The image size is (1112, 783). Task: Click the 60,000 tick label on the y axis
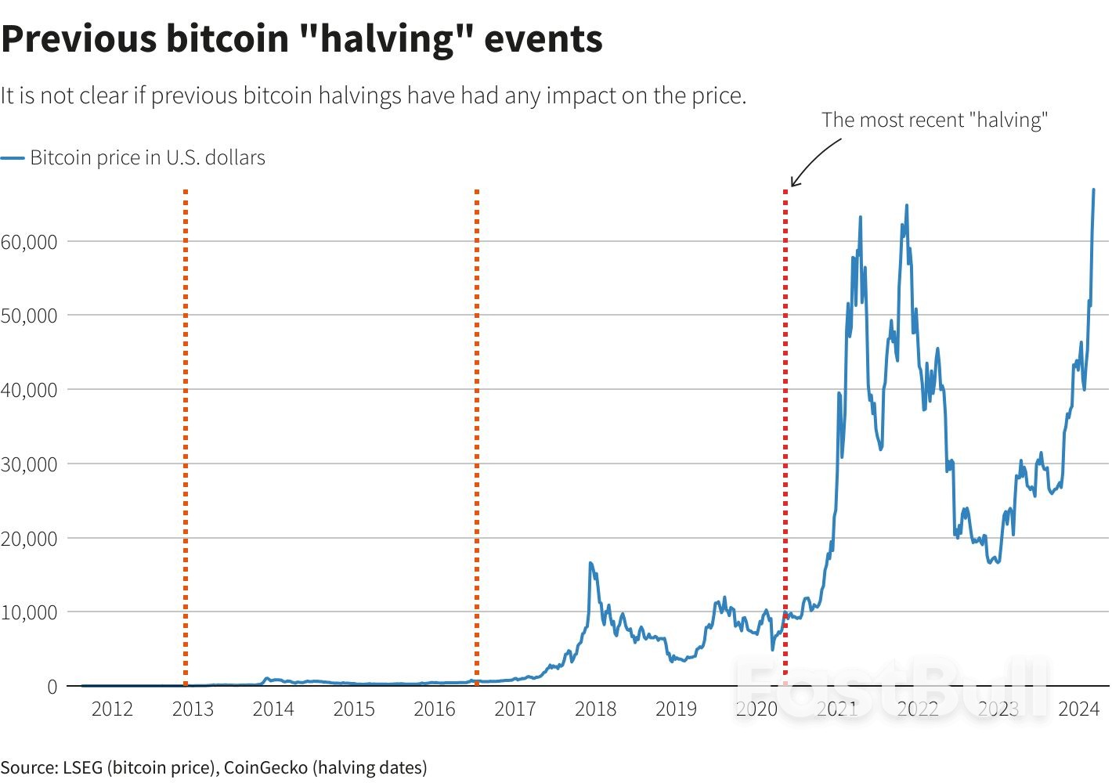pos(29,241)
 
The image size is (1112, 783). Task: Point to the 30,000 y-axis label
pos(29,464)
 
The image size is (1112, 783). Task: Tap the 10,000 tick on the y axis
pos(29,612)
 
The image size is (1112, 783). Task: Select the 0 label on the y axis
pos(52,686)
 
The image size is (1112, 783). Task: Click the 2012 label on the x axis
pos(112,709)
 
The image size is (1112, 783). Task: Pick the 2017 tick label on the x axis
pos(514,709)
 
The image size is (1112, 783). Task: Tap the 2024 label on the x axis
pos(1078,709)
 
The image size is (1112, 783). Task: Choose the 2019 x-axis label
pos(676,709)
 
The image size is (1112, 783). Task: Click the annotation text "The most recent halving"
pos(934,120)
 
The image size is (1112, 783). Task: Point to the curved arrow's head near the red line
pos(793,184)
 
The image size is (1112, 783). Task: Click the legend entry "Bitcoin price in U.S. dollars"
pos(147,157)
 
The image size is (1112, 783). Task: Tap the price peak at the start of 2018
pos(590,563)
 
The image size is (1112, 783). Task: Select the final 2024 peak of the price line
pos(1093,190)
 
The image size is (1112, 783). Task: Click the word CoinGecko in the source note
pos(265,767)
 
